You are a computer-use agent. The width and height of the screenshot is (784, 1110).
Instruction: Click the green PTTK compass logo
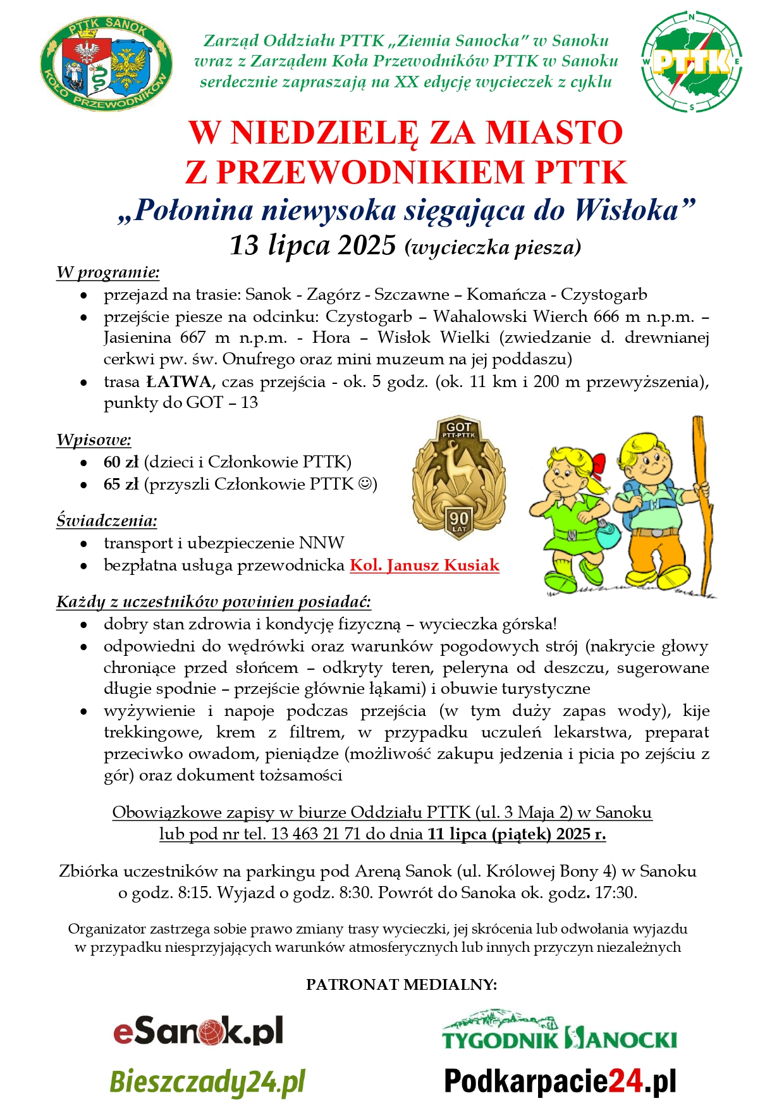tap(692, 62)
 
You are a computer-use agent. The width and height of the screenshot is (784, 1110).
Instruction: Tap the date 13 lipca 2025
tap(313, 245)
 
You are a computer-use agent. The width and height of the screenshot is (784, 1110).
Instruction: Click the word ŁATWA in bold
tap(179, 382)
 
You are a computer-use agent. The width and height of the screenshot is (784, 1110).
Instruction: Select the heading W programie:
tap(108, 273)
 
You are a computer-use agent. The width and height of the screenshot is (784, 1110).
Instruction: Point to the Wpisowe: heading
tap(94, 440)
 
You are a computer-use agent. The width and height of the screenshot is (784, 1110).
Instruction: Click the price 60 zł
tap(121, 462)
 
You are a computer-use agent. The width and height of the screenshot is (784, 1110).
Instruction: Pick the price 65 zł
tap(121, 484)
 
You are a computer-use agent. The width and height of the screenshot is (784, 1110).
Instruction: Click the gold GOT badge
tap(458, 478)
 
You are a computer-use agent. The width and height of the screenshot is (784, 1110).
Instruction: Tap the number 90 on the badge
tap(459, 519)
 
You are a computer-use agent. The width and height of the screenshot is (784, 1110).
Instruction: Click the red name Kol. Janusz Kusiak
tap(424, 565)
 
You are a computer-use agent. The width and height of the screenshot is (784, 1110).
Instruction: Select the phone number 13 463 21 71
tap(316, 834)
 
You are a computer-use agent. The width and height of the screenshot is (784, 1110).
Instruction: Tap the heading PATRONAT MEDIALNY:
tap(401, 985)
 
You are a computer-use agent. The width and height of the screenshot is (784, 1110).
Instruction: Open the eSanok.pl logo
tap(198, 1032)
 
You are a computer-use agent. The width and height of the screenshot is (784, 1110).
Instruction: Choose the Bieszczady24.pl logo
tap(207, 1082)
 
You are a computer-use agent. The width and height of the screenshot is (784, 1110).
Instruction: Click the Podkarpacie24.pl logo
tap(560, 1082)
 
